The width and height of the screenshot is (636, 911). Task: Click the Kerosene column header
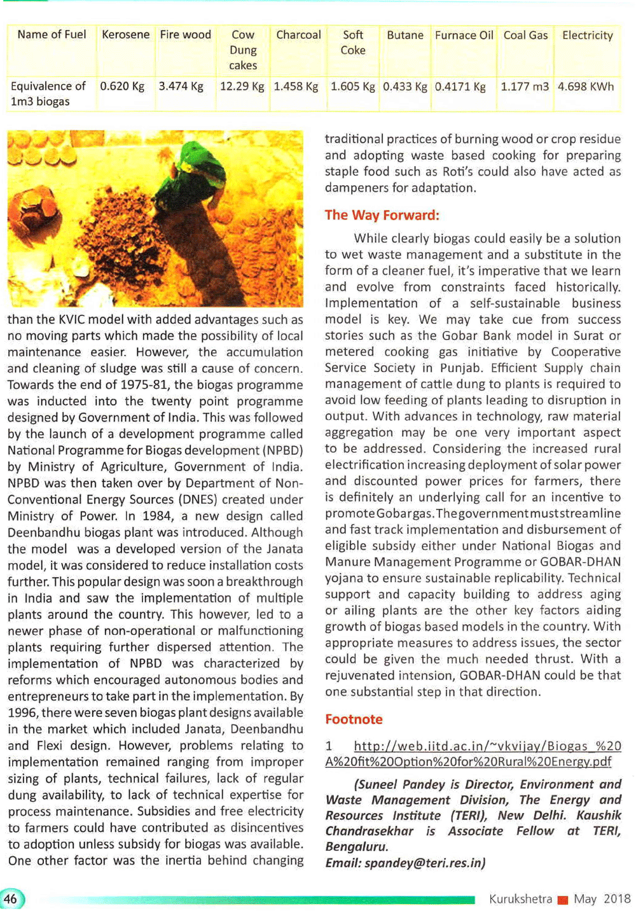click(x=125, y=35)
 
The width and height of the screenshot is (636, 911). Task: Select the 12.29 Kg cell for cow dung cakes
click(x=242, y=87)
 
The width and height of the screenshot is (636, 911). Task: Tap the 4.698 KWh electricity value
click(x=586, y=87)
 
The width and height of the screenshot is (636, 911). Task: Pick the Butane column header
click(x=405, y=36)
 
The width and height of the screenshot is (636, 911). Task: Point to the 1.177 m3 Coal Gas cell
click(x=525, y=87)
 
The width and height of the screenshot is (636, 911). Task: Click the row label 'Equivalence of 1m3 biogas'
click(x=48, y=94)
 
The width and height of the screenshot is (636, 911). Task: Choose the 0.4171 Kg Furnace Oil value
click(x=460, y=87)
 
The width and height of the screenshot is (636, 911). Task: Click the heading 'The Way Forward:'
click(x=382, y=215)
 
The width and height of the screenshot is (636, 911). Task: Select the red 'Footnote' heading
click(x=354, y=720)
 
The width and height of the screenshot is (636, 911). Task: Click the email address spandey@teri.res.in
click(x=425, y=863)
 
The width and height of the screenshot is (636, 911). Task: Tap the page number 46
click(x=11, y=899)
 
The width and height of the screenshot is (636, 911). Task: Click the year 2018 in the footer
click(x=617, y=899)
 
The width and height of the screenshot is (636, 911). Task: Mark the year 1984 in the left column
click(x=158, y=516)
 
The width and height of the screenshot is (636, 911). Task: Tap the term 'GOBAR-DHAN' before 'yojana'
click(x=580, y=562)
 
